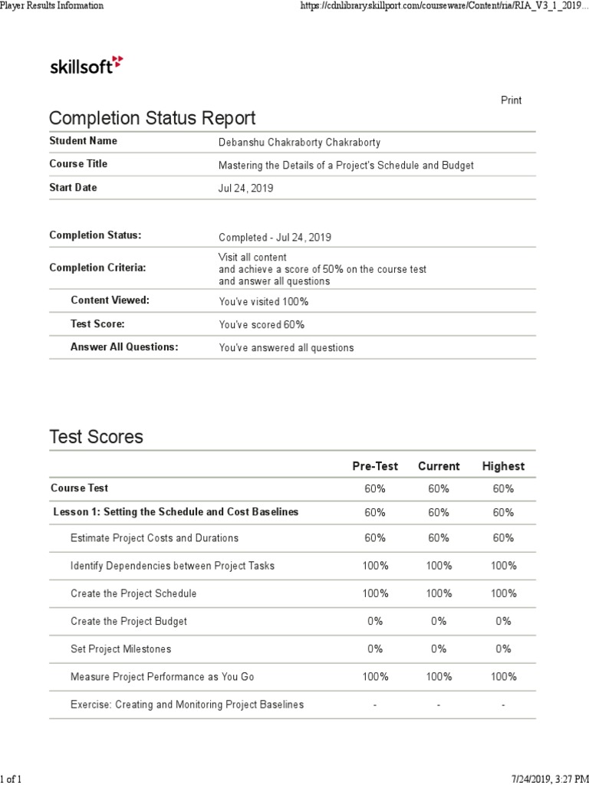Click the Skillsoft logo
[x=85, y=65]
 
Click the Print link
[x=511, y=100]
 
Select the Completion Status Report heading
[x=152, y=119]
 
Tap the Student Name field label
[x=84, y=141]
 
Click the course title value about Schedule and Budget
[x=346, y=165]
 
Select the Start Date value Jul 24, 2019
[x=246, y=189]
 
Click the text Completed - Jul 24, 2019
[x=275, y=238]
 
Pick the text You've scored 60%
[x=256, y=324]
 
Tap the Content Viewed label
[x=110, y=301]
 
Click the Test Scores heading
[x=96, y=438]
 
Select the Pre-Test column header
[x=374, y=466]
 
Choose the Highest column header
[x=503, y=466]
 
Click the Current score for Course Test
[x=439, y=488]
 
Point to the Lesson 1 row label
[x=176, y=512]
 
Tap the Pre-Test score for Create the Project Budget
[x=374, y=621]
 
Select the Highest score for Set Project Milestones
[x=503, y=649]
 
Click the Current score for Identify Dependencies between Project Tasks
[x=439, y=566]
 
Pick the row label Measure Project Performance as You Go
[x=162, y=677]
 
